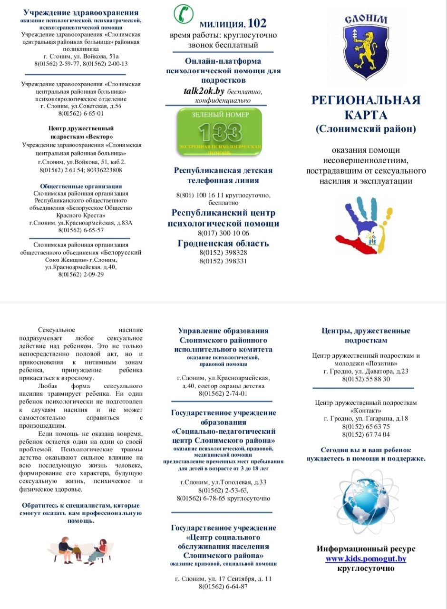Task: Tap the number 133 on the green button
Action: click(x=220, y=132)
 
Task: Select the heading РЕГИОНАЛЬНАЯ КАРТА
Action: click(x=366, y=107)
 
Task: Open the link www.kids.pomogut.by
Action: click(x=366, y=559)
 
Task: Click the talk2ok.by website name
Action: click(x=204, y=91)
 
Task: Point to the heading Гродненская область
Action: click(x=223, y=244)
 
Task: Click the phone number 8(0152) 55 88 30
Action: click(x=366, y=379)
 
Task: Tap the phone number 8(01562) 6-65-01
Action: click(x=81, y=113)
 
